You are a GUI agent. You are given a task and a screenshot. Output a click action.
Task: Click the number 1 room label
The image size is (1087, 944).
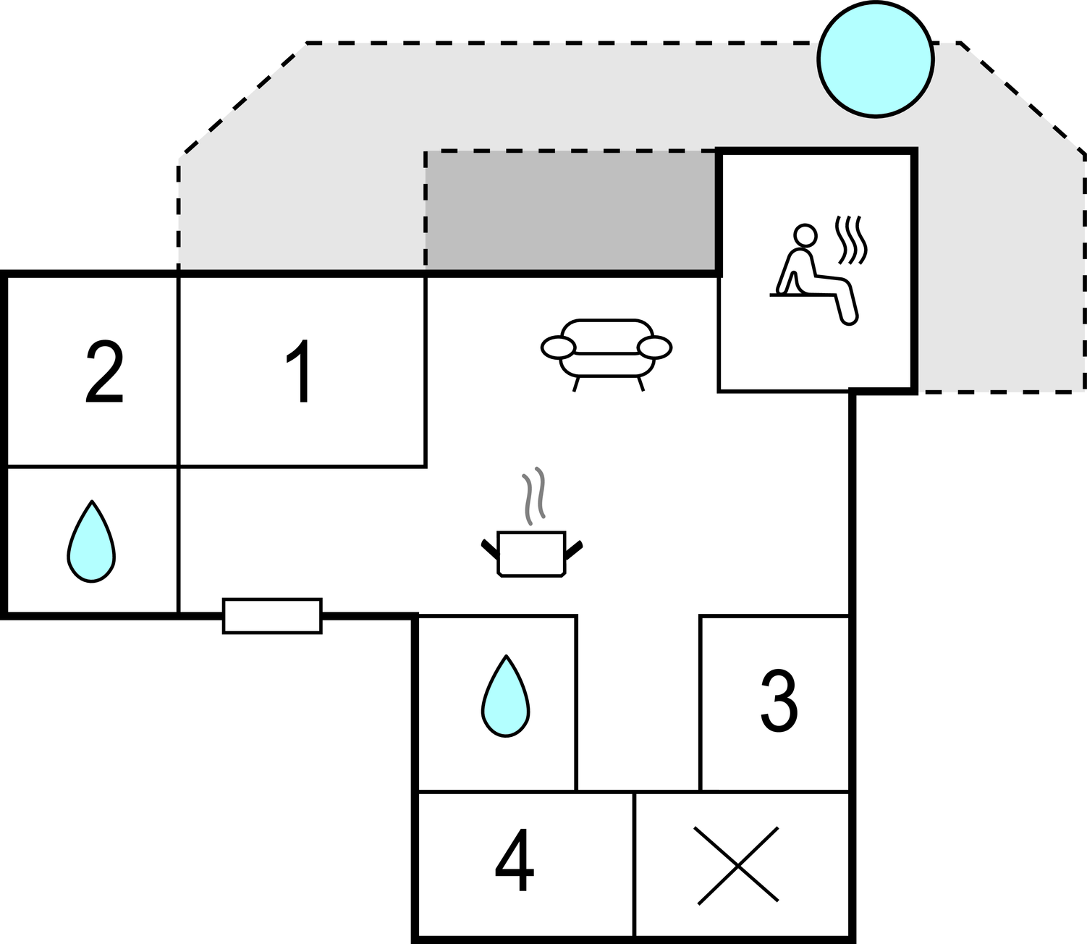(x=300, y=371)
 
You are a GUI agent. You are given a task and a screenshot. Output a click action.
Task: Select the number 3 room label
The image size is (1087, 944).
(x=779, y=700)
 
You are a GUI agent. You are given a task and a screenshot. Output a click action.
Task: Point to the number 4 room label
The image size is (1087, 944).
(x=515, y=861)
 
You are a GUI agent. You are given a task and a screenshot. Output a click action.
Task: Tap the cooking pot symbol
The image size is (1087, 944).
(x=532, y=555)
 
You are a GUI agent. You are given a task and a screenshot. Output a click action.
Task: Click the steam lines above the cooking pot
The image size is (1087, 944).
(x=533, y=495)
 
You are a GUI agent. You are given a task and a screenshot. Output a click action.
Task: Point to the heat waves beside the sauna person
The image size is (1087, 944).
(x=851, y=240)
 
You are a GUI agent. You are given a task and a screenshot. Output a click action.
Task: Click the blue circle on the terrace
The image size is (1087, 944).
(x=876, y=59)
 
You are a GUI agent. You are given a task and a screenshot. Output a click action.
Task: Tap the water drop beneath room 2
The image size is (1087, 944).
(x=91, y=542)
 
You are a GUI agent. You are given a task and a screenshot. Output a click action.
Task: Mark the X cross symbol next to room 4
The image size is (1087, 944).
(x=738, y=865)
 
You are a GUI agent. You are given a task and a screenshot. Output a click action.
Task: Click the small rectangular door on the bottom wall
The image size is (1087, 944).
(x=272, y=616)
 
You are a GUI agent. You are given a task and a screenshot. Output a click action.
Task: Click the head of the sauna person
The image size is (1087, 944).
(x=805, y=235)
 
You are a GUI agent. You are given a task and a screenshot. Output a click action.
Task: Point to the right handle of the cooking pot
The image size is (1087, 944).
(x=574, y=549)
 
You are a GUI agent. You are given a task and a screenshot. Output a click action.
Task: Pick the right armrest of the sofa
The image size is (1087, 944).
(x=654, y=347)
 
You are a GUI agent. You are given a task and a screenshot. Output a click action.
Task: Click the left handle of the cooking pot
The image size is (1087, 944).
(x=490, y=549)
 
